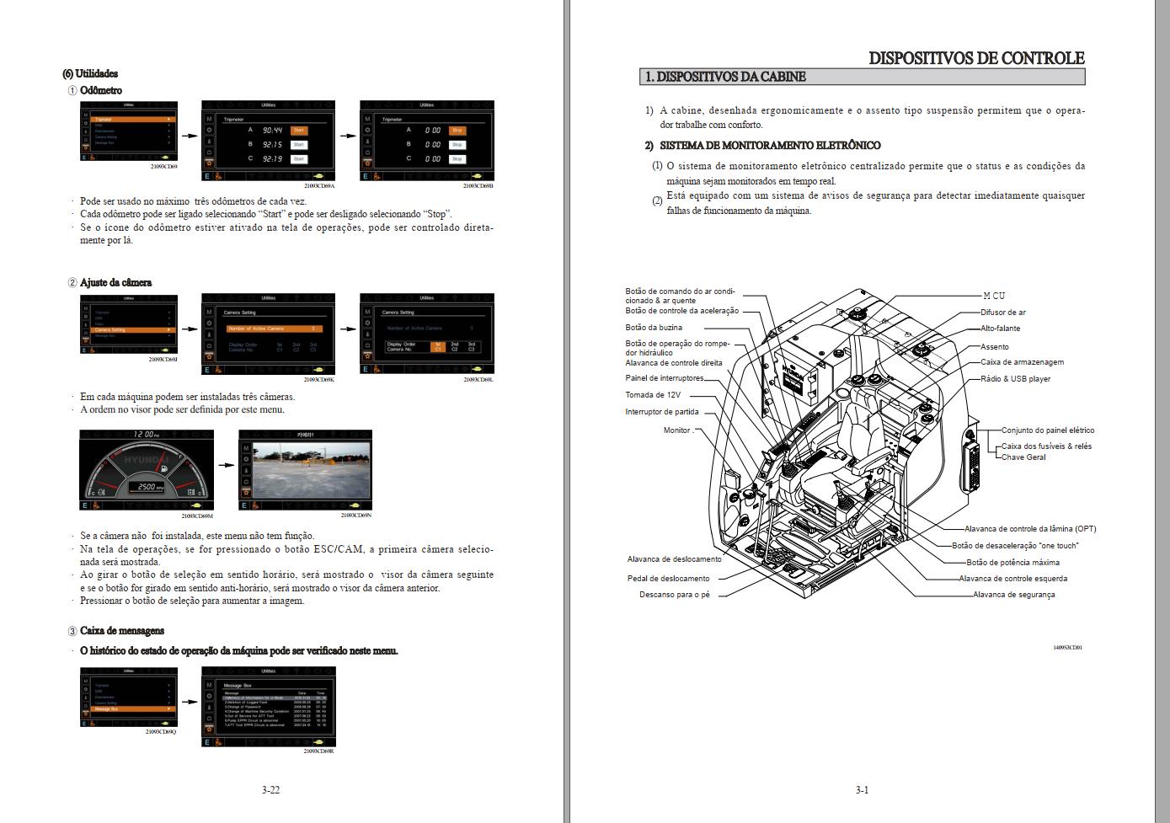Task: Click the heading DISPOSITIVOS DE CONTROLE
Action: [x=975, y=58]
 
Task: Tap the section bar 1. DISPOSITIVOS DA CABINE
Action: [x=863, y=77]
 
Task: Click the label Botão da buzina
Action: [x=654, y=328]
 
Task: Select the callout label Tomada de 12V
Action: [x=653, y=395]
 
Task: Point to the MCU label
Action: [x=994, y=296]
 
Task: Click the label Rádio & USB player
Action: [x=1015, y=379]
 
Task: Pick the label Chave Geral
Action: [x=1023, y=457]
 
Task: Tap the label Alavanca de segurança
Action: [x=1013, y=595]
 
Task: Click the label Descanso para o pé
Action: [x=674, y=595]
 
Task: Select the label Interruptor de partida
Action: [x=661, y=412]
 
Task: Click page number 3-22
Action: [x=270, y=790]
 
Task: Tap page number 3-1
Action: [x=862, y=790]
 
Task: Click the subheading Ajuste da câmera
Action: [x=115, y=282]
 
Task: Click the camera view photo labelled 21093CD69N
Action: [x=305, y=470]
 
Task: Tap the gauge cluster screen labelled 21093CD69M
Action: [x=147, y=470]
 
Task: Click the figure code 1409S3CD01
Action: [x=1067, y=648]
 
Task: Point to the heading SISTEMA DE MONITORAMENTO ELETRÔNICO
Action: [x=770, y=146]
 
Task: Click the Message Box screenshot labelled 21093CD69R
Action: [x=268, y=706]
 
